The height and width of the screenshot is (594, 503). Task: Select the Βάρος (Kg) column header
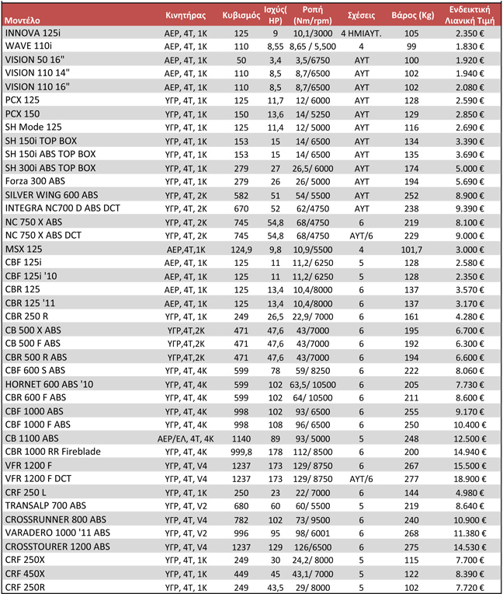point(411,15)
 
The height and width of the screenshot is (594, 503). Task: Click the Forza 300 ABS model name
point(37,180)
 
